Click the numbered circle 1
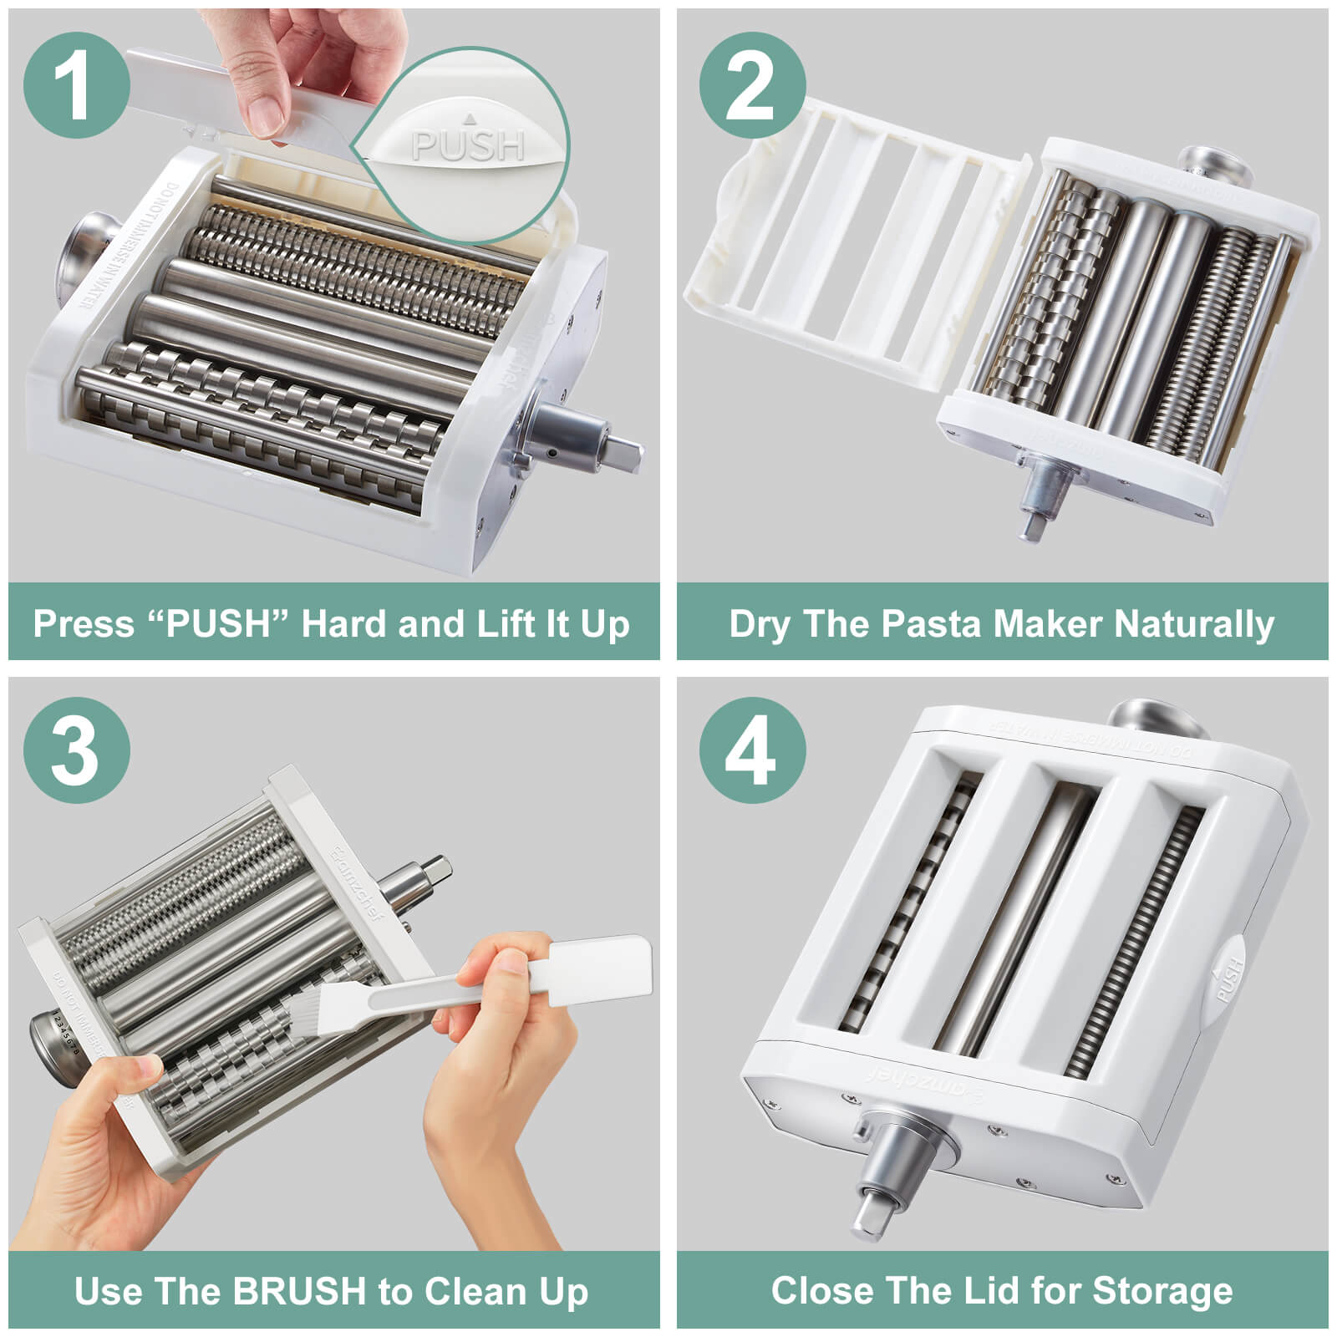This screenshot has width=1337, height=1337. (76, 85)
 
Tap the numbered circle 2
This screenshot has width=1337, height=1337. (751, 85)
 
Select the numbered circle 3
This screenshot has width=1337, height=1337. (76, 750)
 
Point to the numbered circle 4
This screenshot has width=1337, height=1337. (751, 750)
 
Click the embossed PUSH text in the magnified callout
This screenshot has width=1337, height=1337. (468, 146)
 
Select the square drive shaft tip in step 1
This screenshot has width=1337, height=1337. (627, 455)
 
